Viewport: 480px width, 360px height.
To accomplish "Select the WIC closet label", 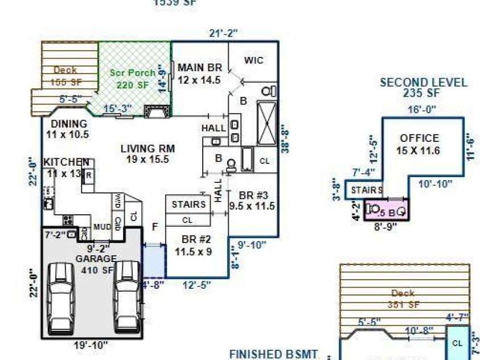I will (253, 60).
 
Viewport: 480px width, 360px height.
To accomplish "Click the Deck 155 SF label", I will (65, 76).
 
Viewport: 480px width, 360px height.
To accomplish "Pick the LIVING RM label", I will (147, 154).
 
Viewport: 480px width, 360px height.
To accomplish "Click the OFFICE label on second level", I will (419, 144).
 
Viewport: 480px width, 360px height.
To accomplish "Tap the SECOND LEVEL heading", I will (424, 88).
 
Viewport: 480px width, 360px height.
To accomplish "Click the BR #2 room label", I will (193, 244).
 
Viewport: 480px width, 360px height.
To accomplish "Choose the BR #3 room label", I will (252, 199).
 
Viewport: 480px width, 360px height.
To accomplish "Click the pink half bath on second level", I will (386, 210).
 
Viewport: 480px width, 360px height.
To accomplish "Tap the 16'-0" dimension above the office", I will (422, 109).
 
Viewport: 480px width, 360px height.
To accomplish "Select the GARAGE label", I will (97, 263).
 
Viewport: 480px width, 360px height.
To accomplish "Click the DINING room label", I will (69, 129).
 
